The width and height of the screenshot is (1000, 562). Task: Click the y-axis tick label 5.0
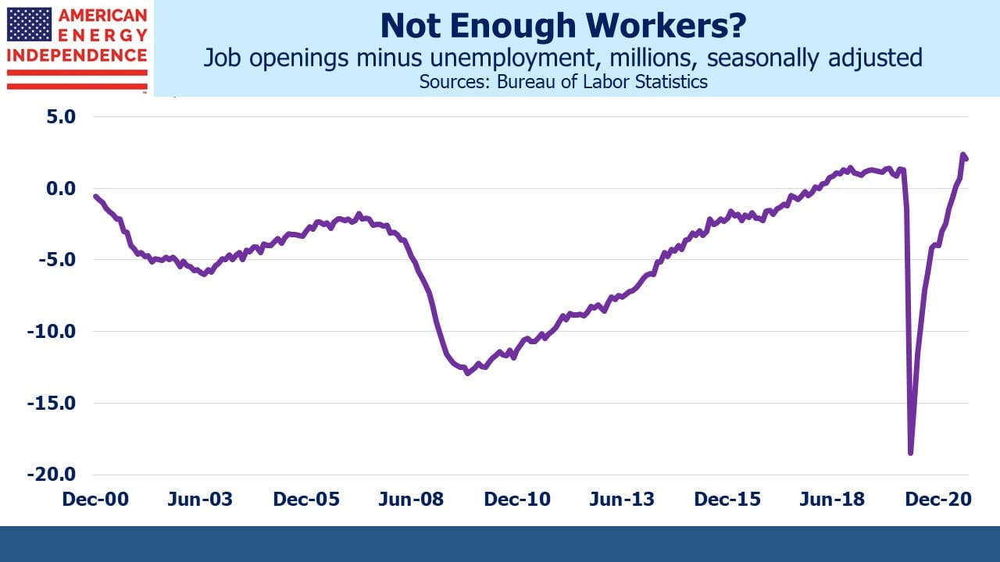61,117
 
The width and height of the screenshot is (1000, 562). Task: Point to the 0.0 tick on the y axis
61,188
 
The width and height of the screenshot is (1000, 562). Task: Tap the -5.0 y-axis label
57,260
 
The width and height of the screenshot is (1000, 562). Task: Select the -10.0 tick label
52,332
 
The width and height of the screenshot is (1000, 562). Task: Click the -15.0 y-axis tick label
52,404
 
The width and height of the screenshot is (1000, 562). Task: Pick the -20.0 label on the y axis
52,474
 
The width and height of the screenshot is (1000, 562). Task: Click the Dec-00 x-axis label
95,499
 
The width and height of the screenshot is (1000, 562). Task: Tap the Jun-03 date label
200,499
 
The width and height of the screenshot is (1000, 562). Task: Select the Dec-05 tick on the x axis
306,499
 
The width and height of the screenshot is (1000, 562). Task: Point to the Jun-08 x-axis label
411,499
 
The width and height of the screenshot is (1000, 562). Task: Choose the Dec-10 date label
517,499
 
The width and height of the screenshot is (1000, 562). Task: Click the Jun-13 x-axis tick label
622,499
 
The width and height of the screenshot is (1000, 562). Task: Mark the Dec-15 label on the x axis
727,499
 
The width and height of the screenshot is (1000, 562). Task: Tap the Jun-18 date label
832,499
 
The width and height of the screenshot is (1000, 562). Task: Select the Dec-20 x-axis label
938,499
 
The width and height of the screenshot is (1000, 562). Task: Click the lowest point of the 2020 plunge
911,454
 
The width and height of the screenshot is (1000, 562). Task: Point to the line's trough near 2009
467,373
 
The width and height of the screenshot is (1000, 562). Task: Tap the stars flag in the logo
29,24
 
